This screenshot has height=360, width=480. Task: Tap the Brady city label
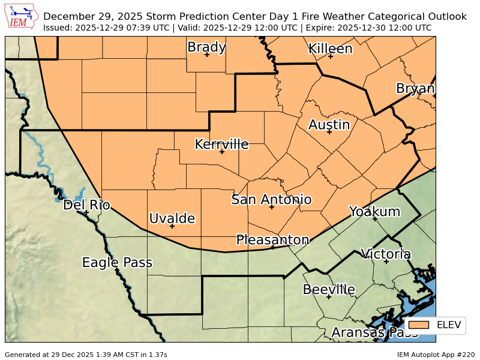pyautogui.click(x=206, y=47)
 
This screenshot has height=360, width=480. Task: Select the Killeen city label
pyautogui.click(x=330, y=49)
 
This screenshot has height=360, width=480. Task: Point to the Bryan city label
pyautogui.click(x=415, y=89)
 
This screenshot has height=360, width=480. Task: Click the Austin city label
pyautogui.click(x=329, y=125)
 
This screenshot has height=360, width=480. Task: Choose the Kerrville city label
pyautogui.click(x=221, y=144)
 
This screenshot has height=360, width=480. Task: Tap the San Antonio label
pyautogui.click(x=271, y=199)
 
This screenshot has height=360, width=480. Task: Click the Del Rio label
pyautogui.click(x=86, y=205)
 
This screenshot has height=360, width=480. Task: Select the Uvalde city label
pyautogui.click(x=172, y=218)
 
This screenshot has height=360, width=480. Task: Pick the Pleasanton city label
pyautogui.click(x=272, y=240)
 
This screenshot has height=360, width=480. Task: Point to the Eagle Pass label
pyautogui.click(x=117, y=262)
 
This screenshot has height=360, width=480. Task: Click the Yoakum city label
pyautogui.click(x=374, y=211)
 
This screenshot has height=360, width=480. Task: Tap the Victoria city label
pyautogui.click(x=385, y=254)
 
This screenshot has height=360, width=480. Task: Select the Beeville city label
pyautogui.click(x=329, y=289)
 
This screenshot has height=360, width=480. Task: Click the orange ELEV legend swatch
pyautogui.click(x=419, y=325)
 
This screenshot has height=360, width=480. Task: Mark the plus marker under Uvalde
pyautogui.click(x=172, y=226)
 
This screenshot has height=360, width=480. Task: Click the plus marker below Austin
pyautogui.click(x=329, y=131)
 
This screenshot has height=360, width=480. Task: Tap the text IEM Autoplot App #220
pyautogui.click(x=436, y=355)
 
